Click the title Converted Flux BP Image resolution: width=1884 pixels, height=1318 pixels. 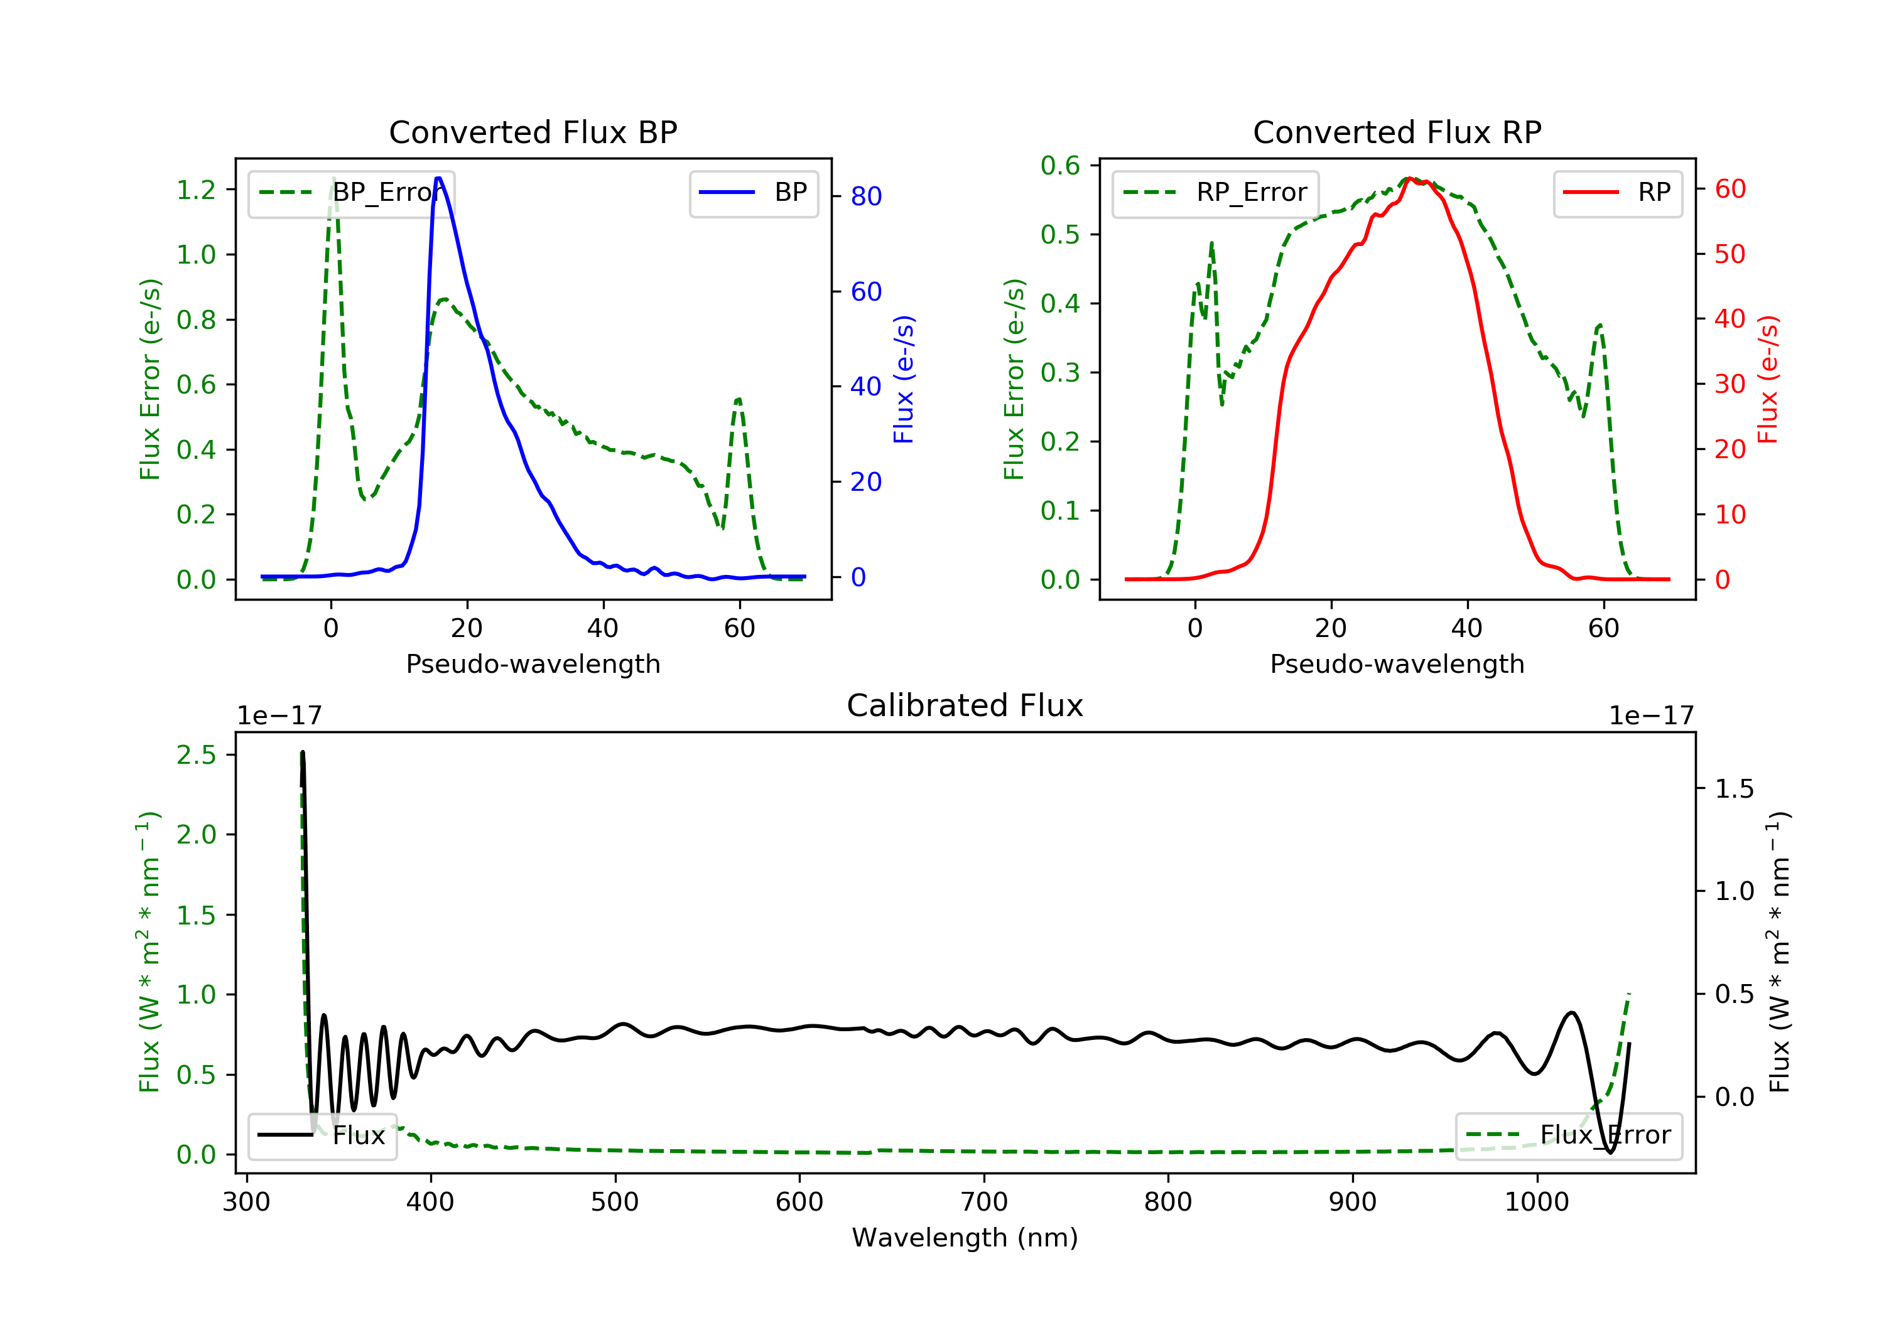tap(533, 132)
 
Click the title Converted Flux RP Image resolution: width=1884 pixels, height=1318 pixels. tap(1397, 132)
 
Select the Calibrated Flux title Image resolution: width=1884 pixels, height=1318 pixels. tap(965, 705)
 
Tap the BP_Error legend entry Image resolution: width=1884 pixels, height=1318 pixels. tap(351, 193)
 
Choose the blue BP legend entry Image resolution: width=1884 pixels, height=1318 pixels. tap(753, 193)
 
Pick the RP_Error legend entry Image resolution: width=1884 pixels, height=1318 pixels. tap(1215, 193)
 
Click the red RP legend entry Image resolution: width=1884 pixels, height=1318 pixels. tap(1617, 193)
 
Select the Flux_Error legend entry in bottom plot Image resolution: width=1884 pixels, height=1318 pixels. tap(1568, 1135)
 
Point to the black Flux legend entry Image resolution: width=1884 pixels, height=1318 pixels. tap(323, 1135)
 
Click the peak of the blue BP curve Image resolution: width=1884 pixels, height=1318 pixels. tap(439, 178)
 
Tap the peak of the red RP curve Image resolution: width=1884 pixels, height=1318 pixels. tap(1410, 179)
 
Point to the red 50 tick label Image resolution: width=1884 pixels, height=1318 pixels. tap(1730, 254)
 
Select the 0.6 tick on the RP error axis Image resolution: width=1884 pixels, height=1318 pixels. tap(1060, 166)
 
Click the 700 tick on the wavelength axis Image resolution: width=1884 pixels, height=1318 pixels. tap(984, 1203)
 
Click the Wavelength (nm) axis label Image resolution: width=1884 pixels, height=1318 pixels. tap(965, 1238)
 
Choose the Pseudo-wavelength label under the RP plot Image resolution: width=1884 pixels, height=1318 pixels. tap(1397, 663)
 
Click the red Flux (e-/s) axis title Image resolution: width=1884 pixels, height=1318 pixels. tap(1767, 379)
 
